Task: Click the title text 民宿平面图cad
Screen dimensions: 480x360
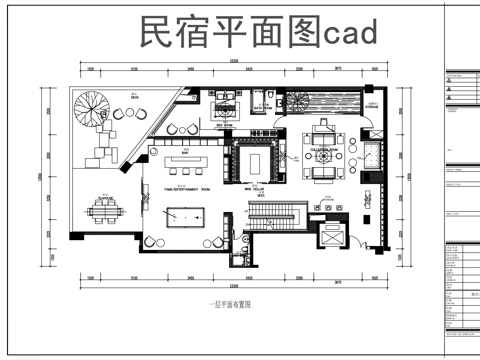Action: coord(259,33)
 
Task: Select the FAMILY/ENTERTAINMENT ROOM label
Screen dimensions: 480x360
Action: coord(186,188)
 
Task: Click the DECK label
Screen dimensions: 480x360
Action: coord(133,97)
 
